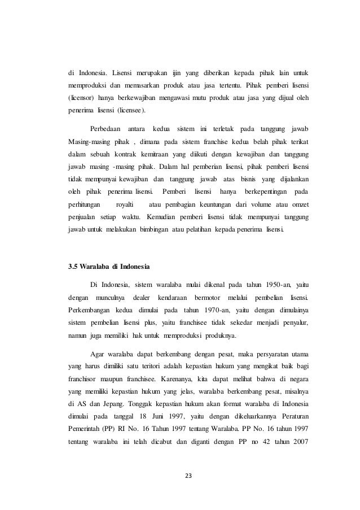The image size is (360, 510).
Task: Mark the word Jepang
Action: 108,404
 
